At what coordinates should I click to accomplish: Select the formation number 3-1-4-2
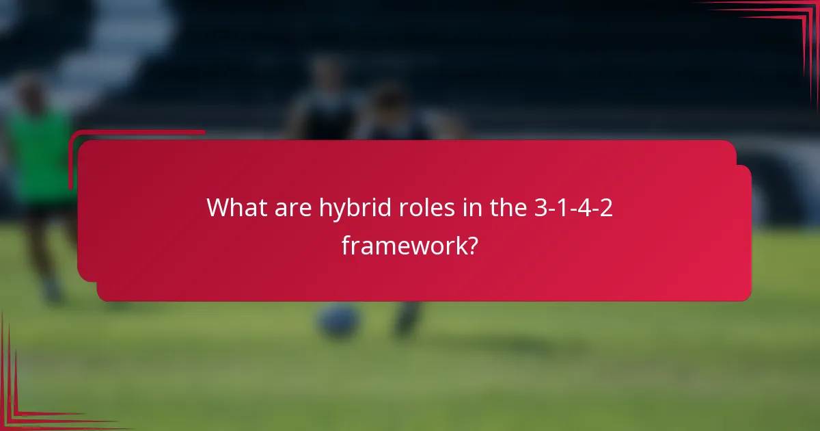(x=573, y=207)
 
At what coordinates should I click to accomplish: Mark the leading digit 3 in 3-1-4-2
(x=540, y=207)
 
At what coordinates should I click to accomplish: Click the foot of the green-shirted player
(x=51, y=294)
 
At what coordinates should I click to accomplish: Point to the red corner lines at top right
(x=786, y=27)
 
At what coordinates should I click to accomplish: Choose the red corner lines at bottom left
(x=27, y=404)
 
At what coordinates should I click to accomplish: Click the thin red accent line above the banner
(x=137, y=132)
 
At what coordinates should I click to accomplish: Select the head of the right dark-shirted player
(x=389, y=99)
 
